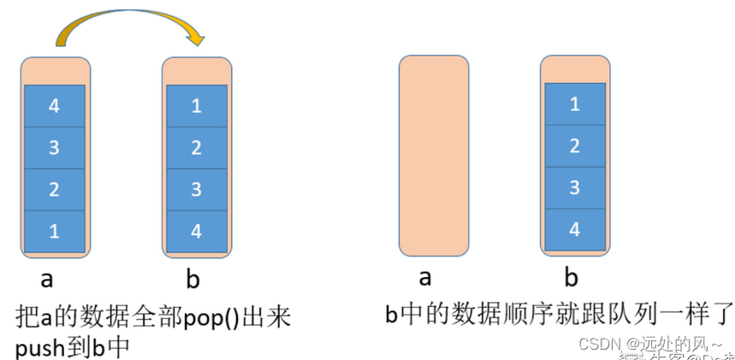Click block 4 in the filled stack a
54,106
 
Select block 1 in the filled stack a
54,231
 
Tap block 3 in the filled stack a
54,148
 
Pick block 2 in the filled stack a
54,189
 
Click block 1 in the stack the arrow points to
196,106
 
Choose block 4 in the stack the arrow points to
196,231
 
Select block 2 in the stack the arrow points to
196,148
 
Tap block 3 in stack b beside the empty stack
574,187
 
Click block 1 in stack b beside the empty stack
574,104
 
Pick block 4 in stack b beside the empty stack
574,229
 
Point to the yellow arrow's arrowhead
198,38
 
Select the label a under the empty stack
424,278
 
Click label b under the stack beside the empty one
571,277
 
